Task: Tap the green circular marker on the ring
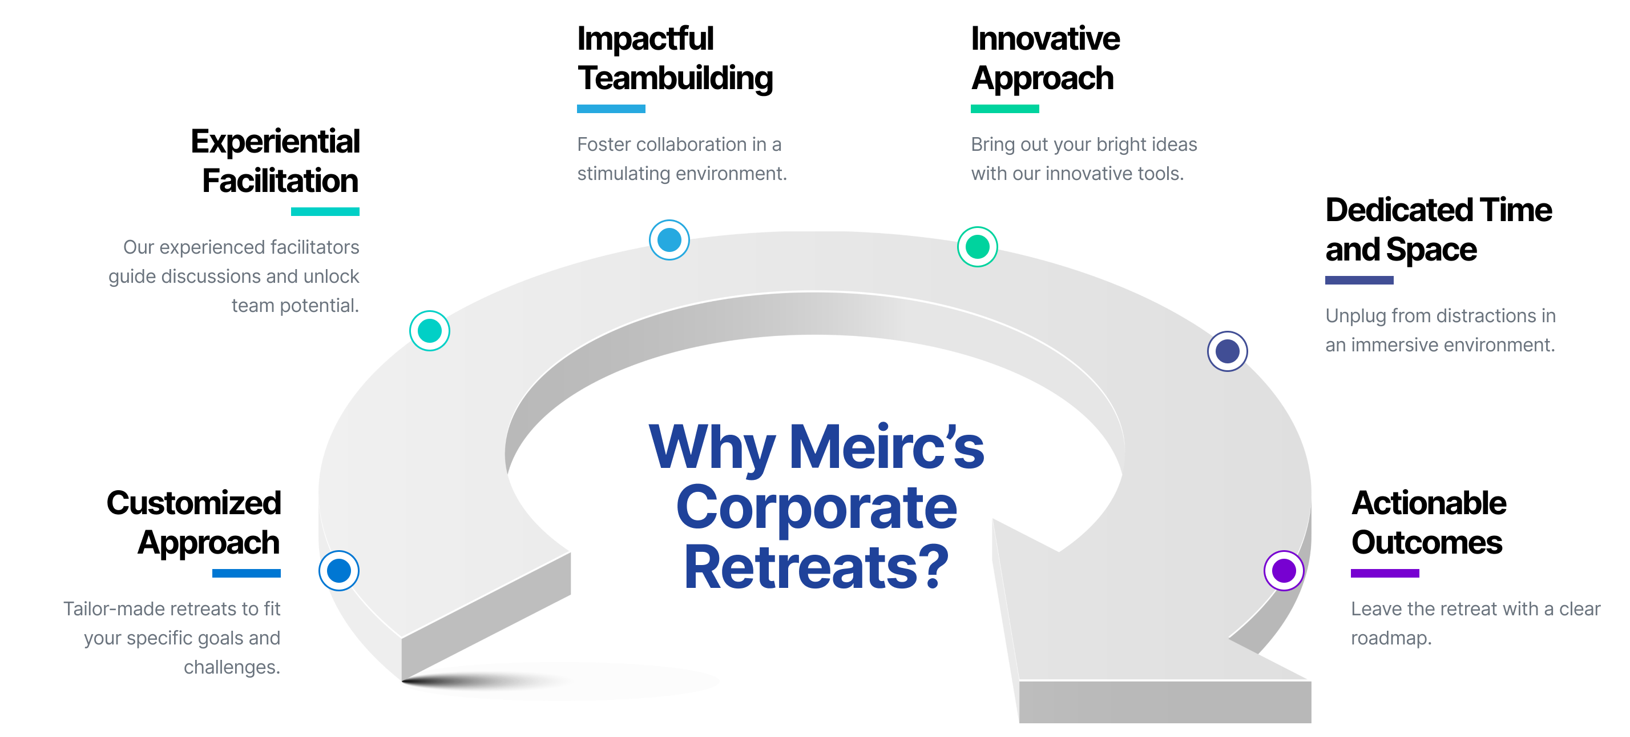click(x=977, y=246)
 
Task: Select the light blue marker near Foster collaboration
click(x=669, y=240)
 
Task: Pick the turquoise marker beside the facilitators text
click(x=430, y=331)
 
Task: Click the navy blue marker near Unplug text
click(x=1227, y=351)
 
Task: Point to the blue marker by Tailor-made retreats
click(x=339, y=571)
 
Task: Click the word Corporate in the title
click(x=816, y=508)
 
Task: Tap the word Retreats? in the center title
click(x=816, y=568)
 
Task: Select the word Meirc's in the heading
click(x=886, y=448)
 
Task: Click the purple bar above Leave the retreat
click(x=1385, y=573)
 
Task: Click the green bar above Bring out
click(x=1004, y=109)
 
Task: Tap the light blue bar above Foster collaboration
click(x=611, y=109)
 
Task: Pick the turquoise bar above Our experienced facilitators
click(x=325, y=211)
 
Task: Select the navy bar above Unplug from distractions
click(x=1358, y=280)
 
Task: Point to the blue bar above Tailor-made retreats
click(x=246, y=573)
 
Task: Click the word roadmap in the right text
click(x=1389, y=638)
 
